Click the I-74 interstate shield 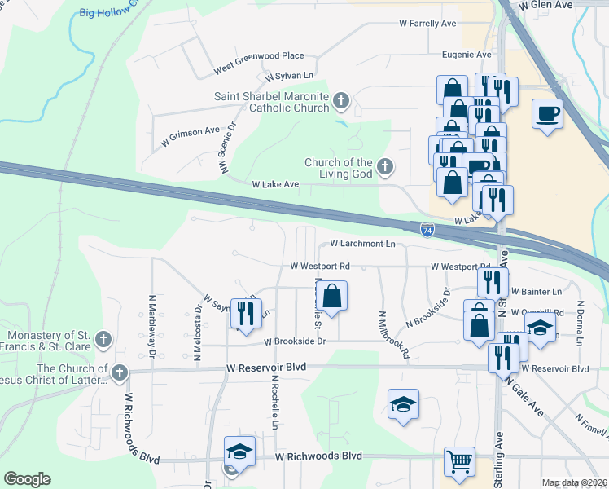pos(428,231)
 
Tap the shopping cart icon pos(460,461)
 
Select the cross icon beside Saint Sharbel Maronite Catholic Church pos(340,101)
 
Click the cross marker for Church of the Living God pos(385,168)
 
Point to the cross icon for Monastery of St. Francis pos(103,338)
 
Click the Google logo pos(27,478)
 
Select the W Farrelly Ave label pos(427,24)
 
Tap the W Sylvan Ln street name pos(289,76)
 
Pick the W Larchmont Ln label pos(362,244)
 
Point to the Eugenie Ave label pos(467,55)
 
